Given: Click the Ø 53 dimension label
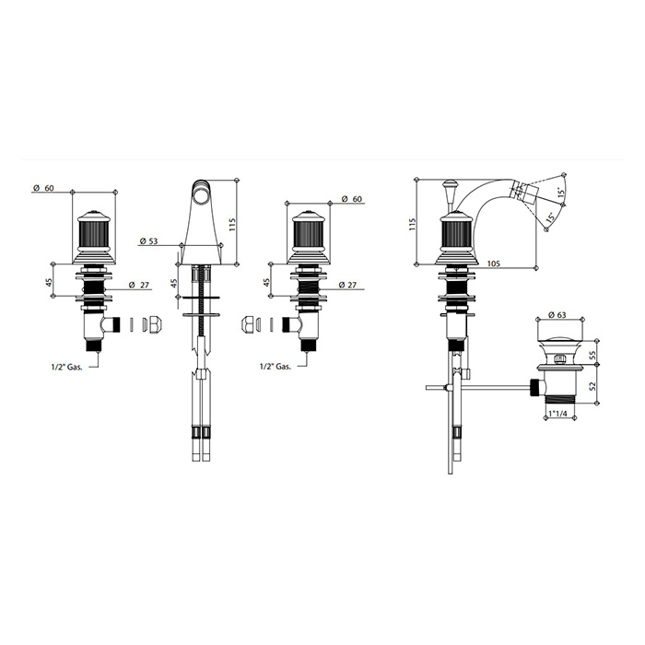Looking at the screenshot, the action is [148, 241].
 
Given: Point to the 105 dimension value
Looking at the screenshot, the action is [493, 264].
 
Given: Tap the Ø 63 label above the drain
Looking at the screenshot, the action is [557, 315].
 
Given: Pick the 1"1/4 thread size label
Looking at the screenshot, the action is [558, 414].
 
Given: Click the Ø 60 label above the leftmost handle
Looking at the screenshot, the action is [43, 188].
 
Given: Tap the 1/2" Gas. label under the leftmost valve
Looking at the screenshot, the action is [67, 368].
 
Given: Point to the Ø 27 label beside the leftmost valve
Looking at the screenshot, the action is [139, 285].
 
